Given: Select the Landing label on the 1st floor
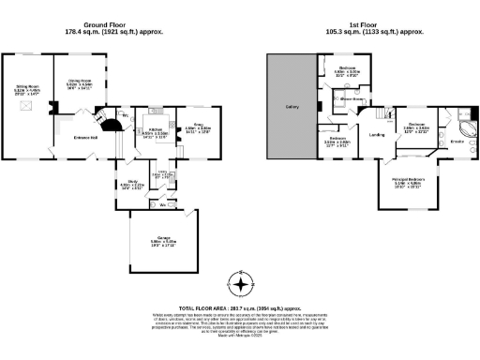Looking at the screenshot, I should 377,135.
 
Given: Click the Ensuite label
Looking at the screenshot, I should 458,141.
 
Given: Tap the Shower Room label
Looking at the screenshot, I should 352,97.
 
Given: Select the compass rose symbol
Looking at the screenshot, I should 242,284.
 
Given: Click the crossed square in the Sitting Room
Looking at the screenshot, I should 22,109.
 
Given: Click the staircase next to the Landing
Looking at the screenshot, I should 384,114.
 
